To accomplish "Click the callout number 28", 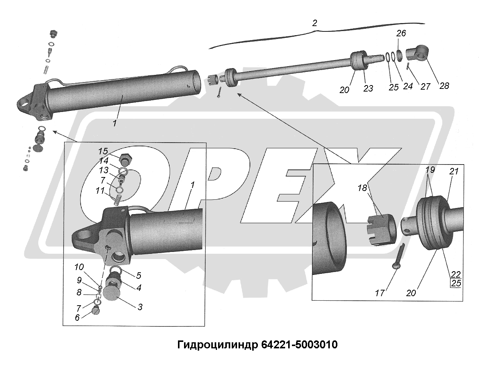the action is point(444,86).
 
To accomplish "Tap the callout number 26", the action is point(401,33).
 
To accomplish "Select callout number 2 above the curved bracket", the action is point(314,23).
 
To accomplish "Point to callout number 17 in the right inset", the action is point(380,293).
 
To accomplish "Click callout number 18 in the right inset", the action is point(362,188).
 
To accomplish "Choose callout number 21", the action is point(454,171).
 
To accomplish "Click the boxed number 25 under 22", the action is point(456,283).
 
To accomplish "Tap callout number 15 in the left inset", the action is point(103,151).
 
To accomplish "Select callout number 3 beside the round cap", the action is point(140,307).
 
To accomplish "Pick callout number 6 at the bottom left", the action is point(77,317).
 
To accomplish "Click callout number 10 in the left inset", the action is point(79,267).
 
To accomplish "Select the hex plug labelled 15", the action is point(126,158).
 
